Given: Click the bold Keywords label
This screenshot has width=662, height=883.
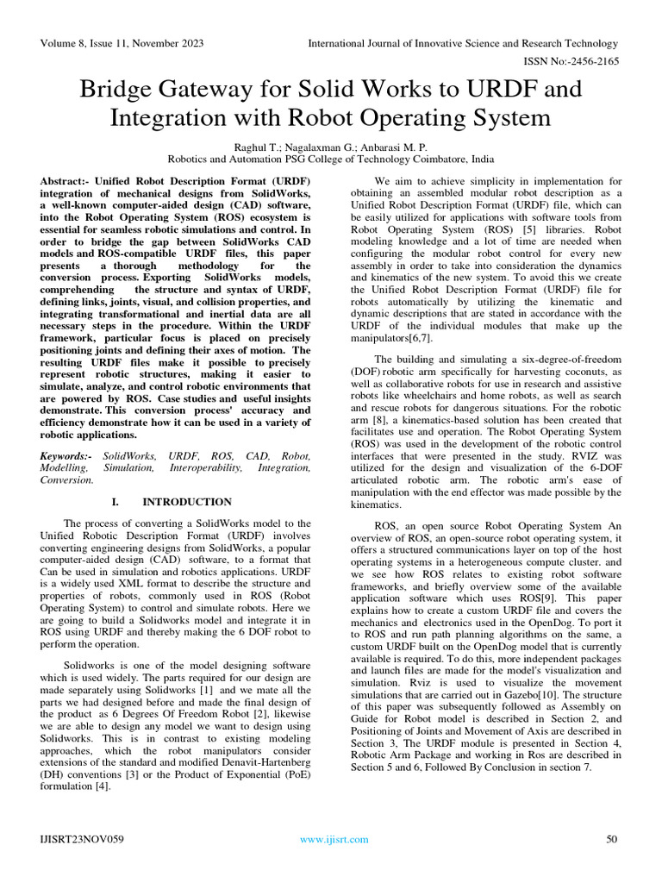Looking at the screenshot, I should tap(68, 454).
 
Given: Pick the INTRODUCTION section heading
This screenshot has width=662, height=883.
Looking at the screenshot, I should tap(186, 502).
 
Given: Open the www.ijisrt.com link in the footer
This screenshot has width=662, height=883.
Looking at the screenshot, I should tap(334, 839).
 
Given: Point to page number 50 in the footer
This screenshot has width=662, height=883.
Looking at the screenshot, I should tap(613, 839).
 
